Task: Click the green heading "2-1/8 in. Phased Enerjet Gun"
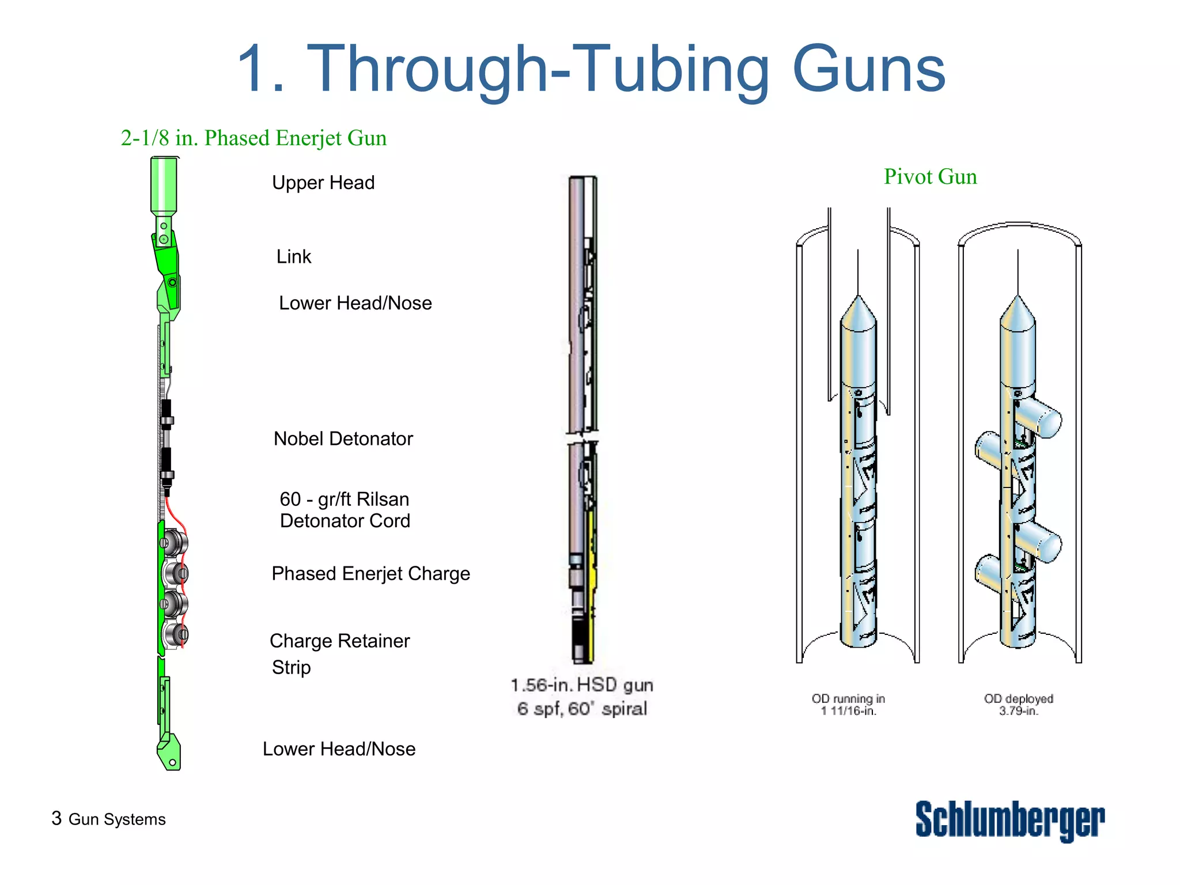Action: (x=254, y=138)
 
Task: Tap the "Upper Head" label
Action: (x=323, y=183)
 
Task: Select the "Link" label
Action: (x=293, y=256)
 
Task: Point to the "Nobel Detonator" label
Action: (x=343, y=439)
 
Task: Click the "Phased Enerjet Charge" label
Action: (x=370, y=574)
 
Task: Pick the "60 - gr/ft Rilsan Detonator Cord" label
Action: (x=345, y=510)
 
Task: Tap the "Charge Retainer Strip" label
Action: (x=339, y=654)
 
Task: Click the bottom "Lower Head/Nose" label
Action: (x=339, y=749)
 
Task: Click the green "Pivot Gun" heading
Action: (x=931, y=177)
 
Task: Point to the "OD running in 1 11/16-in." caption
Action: (x=848, y=705)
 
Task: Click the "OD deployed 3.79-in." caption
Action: (x=1019, y=705)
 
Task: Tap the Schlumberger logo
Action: (x=1010, y=820)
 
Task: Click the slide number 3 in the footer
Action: (x=56, y=818)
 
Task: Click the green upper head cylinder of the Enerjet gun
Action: (x=164, y=184)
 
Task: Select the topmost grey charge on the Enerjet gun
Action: (x=174, y=543)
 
